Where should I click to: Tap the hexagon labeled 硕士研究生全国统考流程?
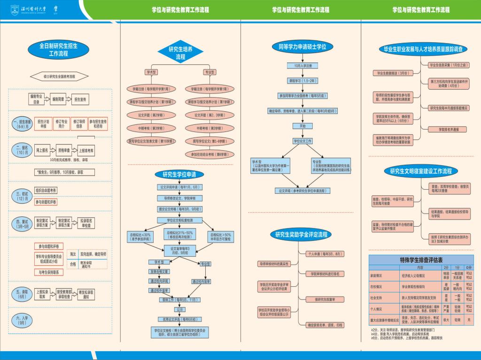tap(59, 76)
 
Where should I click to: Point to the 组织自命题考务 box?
tap(46, 190)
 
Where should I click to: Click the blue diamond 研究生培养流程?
tap(180, 53)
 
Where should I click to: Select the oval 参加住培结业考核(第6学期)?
tap(209, 154)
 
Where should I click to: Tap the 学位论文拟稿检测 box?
tap(180, 220)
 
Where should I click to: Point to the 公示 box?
tap(179, 310)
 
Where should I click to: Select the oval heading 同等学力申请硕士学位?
tap(303, 46)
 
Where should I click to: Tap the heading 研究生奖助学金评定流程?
tap(301, 234)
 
